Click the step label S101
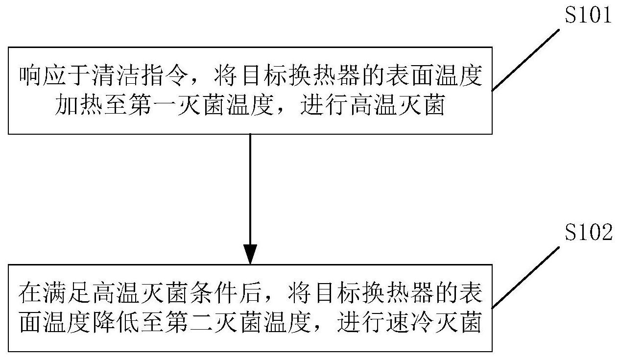(588, 15)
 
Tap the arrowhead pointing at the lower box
(250, 254)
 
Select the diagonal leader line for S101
(525, 60)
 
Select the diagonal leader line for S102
(525, 277)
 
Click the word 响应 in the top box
(43, 75)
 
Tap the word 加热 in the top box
(78, 105)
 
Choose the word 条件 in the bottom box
(213, 292)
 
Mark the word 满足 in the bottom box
(66, 292)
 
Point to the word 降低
(115, 322)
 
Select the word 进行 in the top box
(324, 105)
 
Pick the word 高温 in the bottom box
(115, 292)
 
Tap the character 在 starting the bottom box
(30, 292)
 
